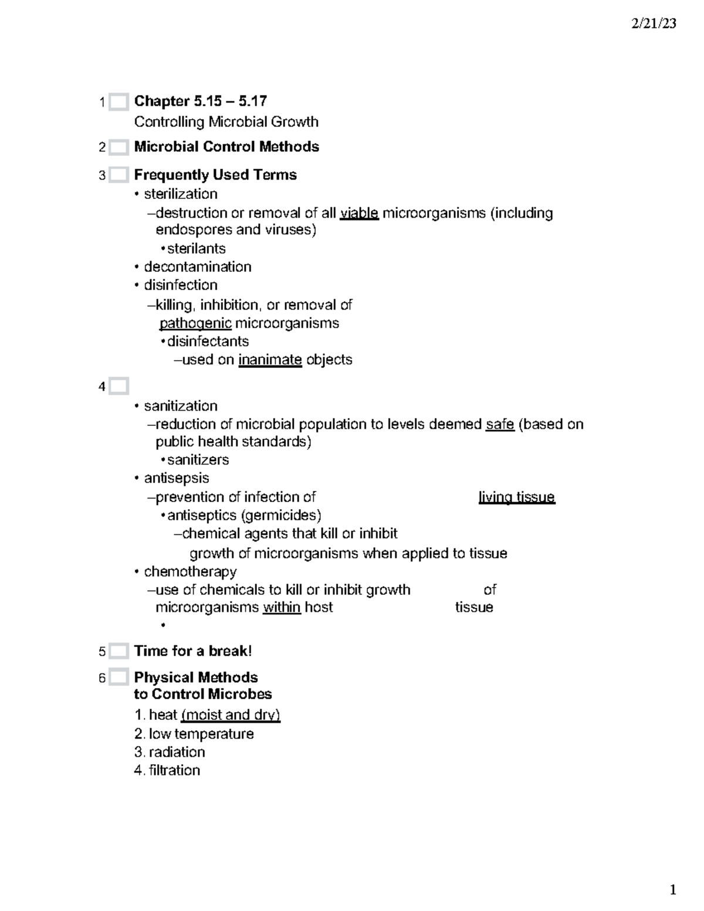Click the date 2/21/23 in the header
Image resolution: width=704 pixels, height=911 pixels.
(x=654, y=23)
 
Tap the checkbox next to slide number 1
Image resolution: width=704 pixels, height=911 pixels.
(x=119, y=102)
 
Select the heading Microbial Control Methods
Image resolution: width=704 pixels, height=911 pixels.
(x=226, y=147)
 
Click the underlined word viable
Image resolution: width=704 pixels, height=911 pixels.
(x=359, y=213)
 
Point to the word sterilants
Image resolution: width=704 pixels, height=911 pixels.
(x=196, y=248)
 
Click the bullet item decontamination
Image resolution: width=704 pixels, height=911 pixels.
(x=197, y=267)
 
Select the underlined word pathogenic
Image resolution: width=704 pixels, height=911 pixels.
(x=195, y=323)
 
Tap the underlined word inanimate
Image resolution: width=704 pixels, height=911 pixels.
(x=270, y=360)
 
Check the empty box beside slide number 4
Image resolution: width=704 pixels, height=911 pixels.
(x=119, y=387)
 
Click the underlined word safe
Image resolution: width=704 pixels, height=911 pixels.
(x=500, y=424)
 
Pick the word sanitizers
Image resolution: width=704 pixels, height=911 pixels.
(x=198, y=460)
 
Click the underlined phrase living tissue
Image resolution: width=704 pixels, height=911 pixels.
(x=516, y=497)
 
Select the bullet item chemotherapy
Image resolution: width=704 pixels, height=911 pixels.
(x=190, y=572)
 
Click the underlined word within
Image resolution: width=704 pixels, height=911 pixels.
(x=282, y=608)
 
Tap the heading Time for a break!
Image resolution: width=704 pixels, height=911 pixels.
(x=193, y=651)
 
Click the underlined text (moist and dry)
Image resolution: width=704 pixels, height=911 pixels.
(x=231, y=715)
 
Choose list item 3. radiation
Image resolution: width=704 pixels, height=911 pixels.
(x=170, y=752)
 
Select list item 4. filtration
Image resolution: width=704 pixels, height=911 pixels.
(x=167, y=770)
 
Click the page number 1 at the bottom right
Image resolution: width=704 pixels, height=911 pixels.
(x=672, y=890)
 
